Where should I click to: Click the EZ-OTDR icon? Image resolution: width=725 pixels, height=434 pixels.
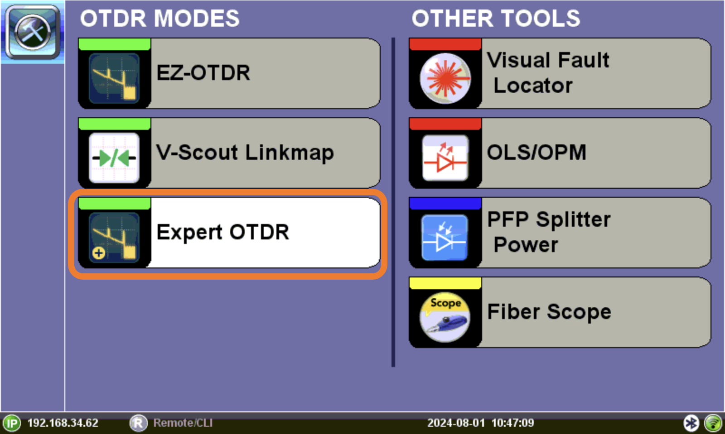coord(114,79)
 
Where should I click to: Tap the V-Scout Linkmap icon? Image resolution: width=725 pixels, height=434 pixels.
coord(114,158)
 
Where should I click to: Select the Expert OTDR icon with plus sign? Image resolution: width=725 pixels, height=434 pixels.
coord(114,238)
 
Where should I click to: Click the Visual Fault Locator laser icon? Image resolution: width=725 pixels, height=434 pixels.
coord(445,79)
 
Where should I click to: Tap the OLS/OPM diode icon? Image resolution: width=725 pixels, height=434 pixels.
coord(445,158)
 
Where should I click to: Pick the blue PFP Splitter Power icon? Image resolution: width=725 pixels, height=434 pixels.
coord(445,238)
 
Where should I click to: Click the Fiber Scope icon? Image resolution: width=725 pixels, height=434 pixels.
coord(445,317)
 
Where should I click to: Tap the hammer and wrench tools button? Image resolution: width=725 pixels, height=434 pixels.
coord(33,32)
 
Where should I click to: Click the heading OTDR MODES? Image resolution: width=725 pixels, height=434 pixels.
coord(160,18)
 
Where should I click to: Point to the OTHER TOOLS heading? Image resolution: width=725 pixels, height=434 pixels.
coord(496,18)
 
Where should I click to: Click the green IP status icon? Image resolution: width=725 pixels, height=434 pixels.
coord(12,423)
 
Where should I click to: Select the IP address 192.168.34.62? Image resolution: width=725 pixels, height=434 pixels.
coord(63,423)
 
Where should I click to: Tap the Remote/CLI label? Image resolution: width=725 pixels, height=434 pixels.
coord(183,423)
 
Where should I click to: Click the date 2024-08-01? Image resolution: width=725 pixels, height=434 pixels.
coord(456,423)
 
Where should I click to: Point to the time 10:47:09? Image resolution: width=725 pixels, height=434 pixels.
coord(512,423)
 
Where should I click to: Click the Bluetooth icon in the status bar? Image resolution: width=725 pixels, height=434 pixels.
coord(691,423)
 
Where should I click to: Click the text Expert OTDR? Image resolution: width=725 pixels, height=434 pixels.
coord(222,232)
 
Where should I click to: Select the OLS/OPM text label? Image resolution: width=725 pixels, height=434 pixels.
coord(536,152)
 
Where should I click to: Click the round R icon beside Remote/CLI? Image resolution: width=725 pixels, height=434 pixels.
coord(138,423)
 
